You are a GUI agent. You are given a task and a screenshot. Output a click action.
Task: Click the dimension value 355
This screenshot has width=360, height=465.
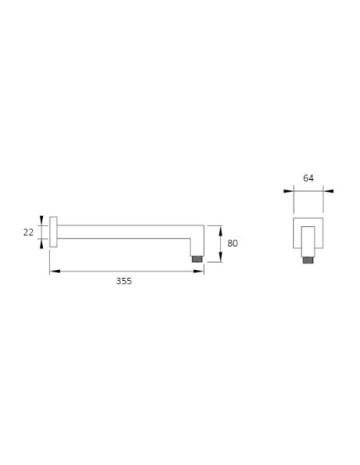(x=123, y=281)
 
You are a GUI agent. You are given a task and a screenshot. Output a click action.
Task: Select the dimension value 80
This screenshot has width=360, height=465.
(x=233, y=243)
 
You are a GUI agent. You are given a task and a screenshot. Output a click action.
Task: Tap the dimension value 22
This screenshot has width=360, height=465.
(x=28, y=232)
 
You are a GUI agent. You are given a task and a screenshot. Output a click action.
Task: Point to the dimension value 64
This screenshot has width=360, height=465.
(x=308, y=178)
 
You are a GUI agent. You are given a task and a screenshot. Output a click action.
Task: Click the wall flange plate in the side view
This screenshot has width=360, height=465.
(x=53, y=232)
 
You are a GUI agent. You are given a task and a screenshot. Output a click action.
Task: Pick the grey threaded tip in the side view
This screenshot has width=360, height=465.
(x=197, y=259)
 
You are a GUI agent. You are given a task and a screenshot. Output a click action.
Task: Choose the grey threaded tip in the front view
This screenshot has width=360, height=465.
(x=308, y=260)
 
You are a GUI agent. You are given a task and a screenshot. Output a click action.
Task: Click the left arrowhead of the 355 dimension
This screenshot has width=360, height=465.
(x=55, y=271)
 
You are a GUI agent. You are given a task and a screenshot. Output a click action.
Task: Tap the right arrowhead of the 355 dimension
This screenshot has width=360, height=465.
(x=198, y=271)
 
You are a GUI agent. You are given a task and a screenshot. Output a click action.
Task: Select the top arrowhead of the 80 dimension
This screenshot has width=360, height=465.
(x=221, y=231)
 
